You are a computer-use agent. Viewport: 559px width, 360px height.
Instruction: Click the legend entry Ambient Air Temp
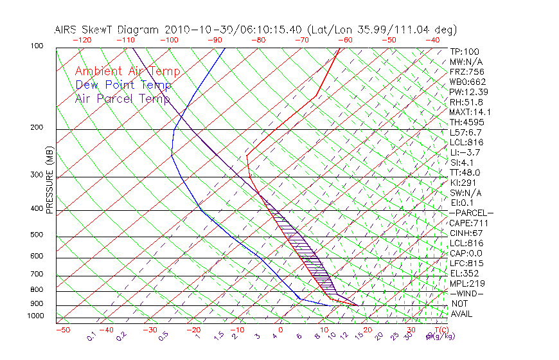(x=128, y=71)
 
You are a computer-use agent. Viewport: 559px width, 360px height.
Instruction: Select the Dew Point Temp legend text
(x=123, y=85)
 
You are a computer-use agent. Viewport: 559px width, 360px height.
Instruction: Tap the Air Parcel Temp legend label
(x=123, y=98)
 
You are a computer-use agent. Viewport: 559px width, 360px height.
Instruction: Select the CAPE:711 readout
(x=469, y=223)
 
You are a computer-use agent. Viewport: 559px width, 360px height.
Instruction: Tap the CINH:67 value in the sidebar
(x=466, y=233)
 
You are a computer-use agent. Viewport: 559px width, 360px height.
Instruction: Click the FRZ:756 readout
(x=466, y=72)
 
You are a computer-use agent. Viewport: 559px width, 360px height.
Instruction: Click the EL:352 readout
(x=464, y=273)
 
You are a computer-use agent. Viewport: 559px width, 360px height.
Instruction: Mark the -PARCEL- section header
(x=471, y=213)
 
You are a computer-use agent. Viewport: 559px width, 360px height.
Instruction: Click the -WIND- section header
(x=466, y=293)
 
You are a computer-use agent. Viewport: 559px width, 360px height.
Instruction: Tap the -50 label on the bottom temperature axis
(x=62, y=330)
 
